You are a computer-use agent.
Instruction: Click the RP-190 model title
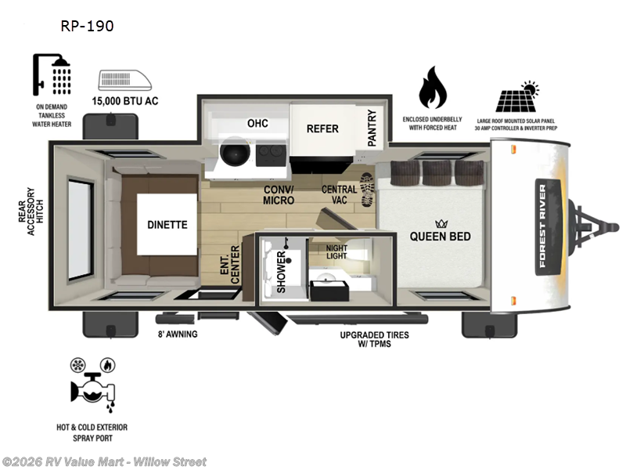[x=87, y=26]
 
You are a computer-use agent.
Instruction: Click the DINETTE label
[x=167, y=225]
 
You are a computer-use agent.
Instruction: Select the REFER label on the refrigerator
[x=322, y=128]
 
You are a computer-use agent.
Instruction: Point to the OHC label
[x=257, y=123]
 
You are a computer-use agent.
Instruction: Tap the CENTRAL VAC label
[x=339, y=194]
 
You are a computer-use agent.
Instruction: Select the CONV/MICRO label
[x=279, y=194]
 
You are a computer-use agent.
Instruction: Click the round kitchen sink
[x=233, y=154]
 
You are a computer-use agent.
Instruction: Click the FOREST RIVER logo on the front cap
[x=542, y=226]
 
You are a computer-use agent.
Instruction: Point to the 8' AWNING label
[x=177, y=334]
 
